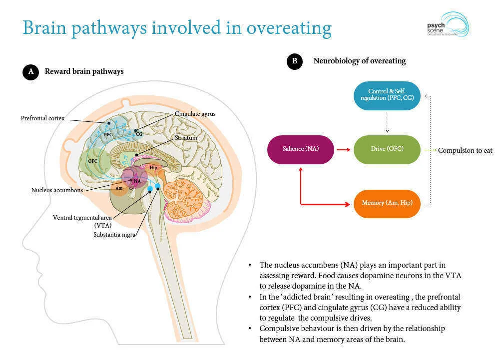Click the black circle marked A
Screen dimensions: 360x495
click(30, 72)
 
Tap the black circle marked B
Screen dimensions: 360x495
click(294, 61)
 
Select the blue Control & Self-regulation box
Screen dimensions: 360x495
click(387, 95)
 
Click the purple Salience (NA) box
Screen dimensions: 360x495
click(300, 149)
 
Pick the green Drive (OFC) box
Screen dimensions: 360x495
click(387, 149)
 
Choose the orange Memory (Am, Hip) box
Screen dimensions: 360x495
click(387, 203)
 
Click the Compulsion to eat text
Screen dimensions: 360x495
click(465, 150)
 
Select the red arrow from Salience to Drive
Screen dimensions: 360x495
click(343, 149)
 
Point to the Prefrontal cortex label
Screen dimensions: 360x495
click(42, 118)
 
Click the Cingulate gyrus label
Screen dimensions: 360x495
click(195, 114)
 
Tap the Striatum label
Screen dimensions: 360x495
click(186, 137)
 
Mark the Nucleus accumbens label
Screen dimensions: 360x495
click(57, 190)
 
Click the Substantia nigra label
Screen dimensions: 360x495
click(114, 234)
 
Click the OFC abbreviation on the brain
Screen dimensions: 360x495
click(92, 161)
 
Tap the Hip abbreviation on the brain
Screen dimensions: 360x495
click(153, 168)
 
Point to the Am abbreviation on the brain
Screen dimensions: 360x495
click(119, 188)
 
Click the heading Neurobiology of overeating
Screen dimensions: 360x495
click(359, 61)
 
